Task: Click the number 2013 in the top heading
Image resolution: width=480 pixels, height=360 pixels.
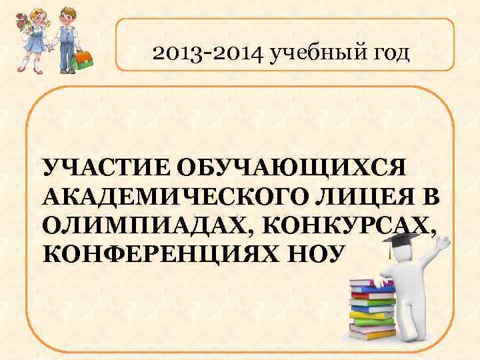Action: click(175, 53)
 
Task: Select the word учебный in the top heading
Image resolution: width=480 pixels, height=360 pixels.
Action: click(317, 53)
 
